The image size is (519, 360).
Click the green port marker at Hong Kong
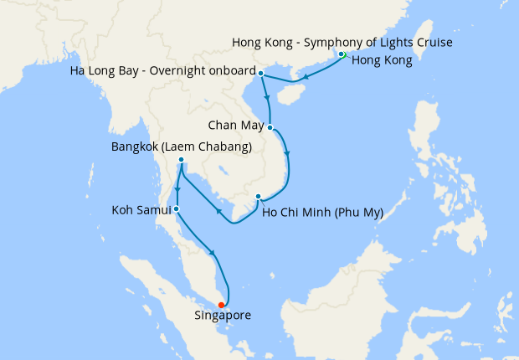[x=342, y=55]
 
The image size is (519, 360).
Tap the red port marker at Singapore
[x=220, y=305]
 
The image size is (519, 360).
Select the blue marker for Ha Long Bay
[x=262, y=74]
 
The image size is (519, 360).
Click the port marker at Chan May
[x=270, y=127]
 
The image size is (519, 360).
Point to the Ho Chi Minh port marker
[x=258, y=198]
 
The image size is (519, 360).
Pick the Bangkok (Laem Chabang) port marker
[x=181, y=160]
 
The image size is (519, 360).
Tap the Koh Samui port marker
[x=176, y=208]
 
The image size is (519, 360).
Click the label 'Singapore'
[x=223, y=316]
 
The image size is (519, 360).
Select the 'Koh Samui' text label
[x=141, y=209]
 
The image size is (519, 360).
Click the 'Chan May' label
[x=236, y=127]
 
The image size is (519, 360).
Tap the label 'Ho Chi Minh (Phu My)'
[x=322, y=213]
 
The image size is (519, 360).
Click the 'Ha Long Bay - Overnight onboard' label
[x=164, y=74]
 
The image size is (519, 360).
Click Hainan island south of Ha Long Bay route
[x=286, y=95]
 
